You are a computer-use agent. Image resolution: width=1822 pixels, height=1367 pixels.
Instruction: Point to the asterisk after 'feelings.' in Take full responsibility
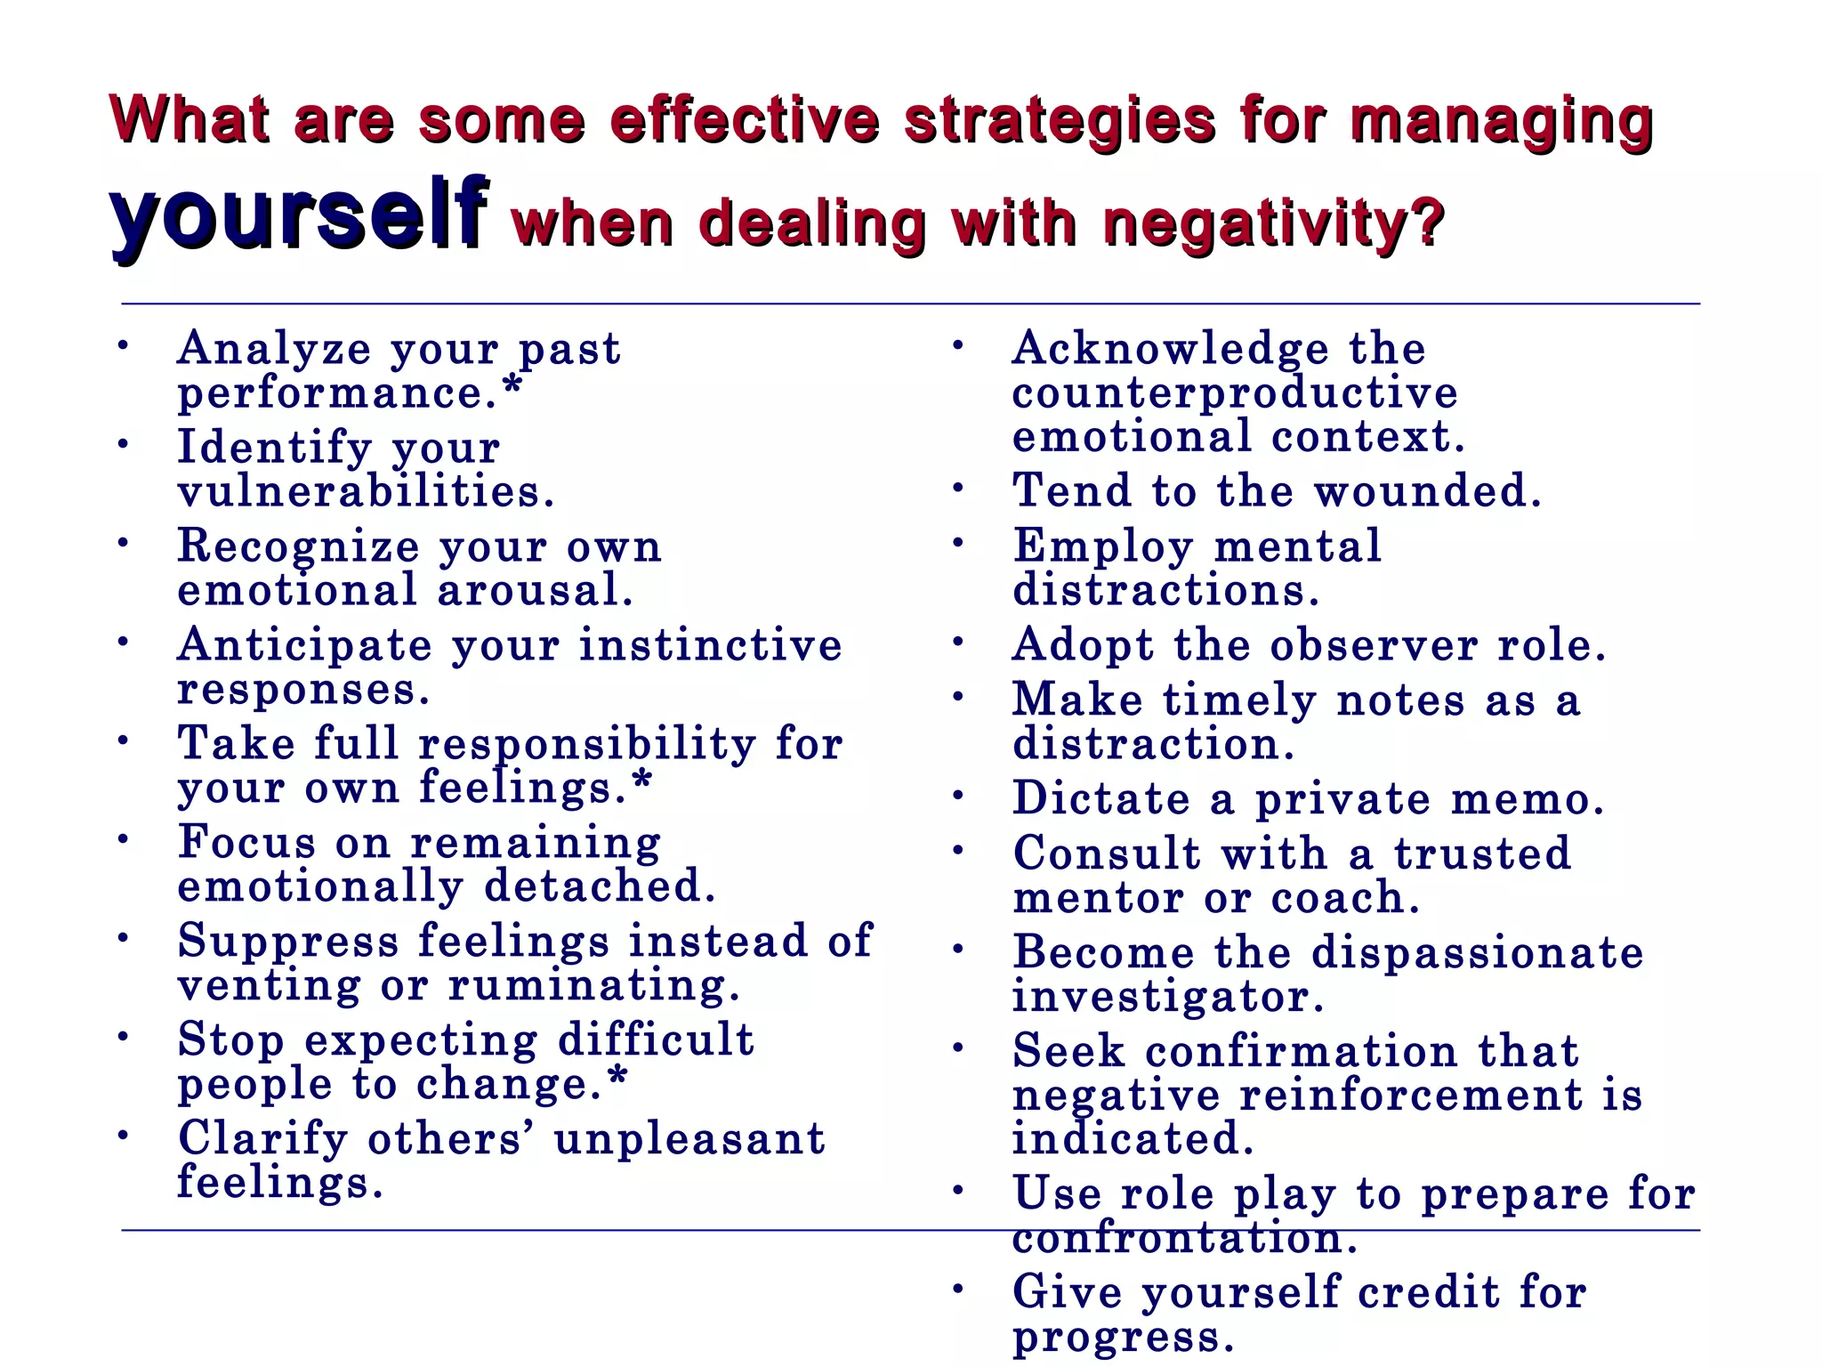(642, 782)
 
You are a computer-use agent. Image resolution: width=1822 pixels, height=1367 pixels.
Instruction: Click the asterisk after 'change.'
(617, 1078)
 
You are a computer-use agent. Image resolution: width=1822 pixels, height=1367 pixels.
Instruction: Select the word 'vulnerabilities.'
(366, 491)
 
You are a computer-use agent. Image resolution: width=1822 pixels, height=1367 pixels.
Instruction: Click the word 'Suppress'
(288, 942)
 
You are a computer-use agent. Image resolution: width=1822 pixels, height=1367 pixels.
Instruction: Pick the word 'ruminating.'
(593, 985)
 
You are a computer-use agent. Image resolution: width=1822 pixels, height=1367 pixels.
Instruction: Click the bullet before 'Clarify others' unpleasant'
(125, 1135)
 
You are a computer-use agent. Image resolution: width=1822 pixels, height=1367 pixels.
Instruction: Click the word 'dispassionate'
(1477, 952)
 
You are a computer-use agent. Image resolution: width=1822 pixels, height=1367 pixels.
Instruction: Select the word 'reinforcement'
(1411, 1095)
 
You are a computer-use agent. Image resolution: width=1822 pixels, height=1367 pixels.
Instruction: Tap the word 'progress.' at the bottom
(1123, 1337)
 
